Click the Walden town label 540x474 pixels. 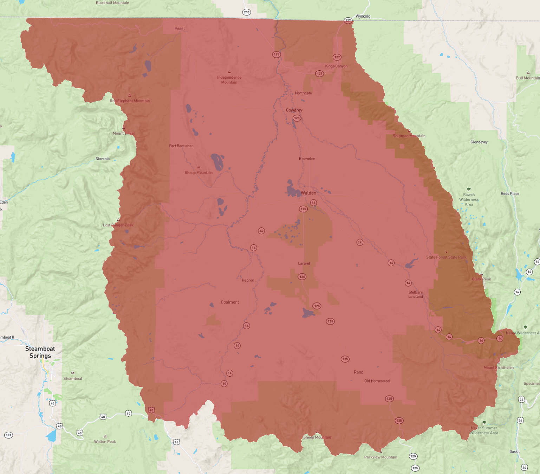coord(308,193)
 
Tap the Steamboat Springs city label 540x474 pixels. coord(40,352)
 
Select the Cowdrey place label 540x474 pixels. coord(294,110)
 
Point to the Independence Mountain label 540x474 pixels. coord(229,80)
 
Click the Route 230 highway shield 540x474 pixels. coord(247,12)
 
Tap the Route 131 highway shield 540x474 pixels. coord(8,435)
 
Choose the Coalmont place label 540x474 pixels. coord(230,302)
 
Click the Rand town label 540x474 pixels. coord(358,372)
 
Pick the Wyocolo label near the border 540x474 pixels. coord(363,16)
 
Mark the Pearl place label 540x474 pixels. coord(180,28)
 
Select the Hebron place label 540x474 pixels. coord(248,280)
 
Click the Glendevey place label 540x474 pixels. coord(479,142)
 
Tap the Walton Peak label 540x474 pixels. coord(105,442)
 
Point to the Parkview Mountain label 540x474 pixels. coord(380,457)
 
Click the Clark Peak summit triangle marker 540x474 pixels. coord(481,274)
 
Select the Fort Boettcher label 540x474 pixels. coord(181,146)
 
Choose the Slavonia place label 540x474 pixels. coord(103,159)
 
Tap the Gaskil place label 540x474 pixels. coord(514,451)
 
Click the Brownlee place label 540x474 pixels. coord(307,159)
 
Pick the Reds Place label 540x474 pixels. coord(510,193)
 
